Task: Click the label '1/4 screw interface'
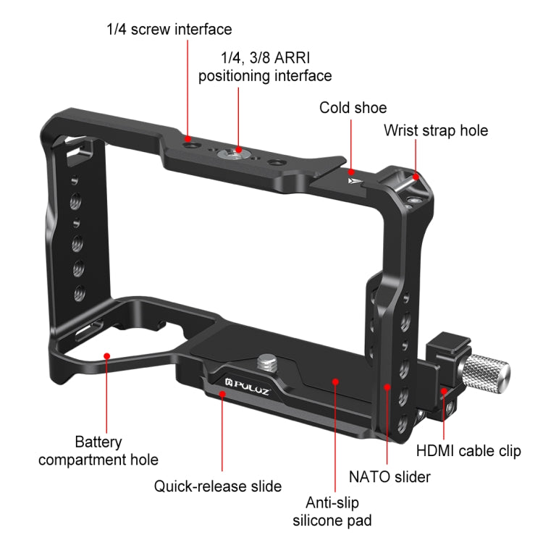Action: tap(169, 30)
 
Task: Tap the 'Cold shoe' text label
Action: tap(353, 108)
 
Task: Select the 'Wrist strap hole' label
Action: tap(436, 130)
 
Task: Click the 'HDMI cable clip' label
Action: tap(468, 451)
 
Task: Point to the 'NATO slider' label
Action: tap(390, 476)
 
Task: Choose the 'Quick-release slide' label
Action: tap(218, 486)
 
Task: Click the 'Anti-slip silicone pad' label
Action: tap(336, 510)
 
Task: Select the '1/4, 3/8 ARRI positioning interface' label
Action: tap(265, 66)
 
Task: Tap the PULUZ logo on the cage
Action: tap(251, 378)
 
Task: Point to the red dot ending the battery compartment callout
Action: tap(106, 355)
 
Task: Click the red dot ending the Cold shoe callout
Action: tap(351, 172)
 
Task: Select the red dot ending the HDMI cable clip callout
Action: tap(444, 392)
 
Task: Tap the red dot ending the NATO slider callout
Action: tap(388, 388)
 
